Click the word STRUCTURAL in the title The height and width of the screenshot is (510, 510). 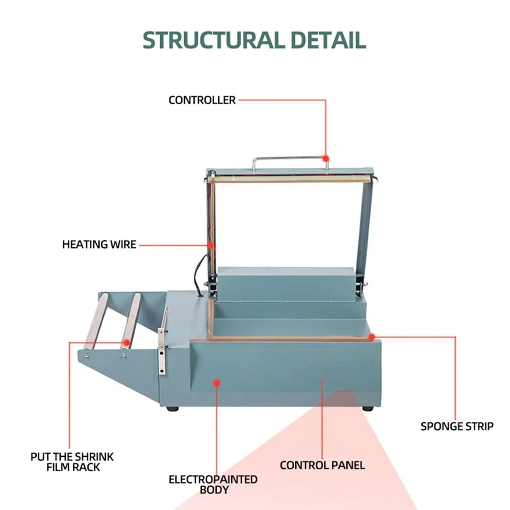pos(214,40)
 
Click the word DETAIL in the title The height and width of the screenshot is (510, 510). pos(328,40)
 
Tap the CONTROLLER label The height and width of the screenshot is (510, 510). pos(202,100)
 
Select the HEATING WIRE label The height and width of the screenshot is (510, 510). pos(99,245)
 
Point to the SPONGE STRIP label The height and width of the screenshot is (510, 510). pos(457,426)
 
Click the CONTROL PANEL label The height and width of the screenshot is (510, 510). pos(322,466)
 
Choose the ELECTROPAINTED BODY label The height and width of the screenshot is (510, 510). pos(213,484)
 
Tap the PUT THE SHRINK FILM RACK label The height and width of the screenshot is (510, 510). pos(72,462)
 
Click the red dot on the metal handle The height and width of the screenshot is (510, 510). pos(325,159)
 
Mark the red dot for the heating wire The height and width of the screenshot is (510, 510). pos(211,245)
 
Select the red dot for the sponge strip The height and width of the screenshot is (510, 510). pos(372,337)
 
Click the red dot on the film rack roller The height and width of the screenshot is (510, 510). pos(126,343)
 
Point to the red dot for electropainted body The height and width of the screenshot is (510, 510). pos(217,383)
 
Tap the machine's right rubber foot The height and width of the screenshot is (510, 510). pos(368,409)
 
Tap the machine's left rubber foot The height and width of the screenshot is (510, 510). pos(172,409)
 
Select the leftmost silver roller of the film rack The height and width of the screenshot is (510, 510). pos(96,321)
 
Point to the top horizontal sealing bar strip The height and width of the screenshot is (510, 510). pos(291,179)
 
